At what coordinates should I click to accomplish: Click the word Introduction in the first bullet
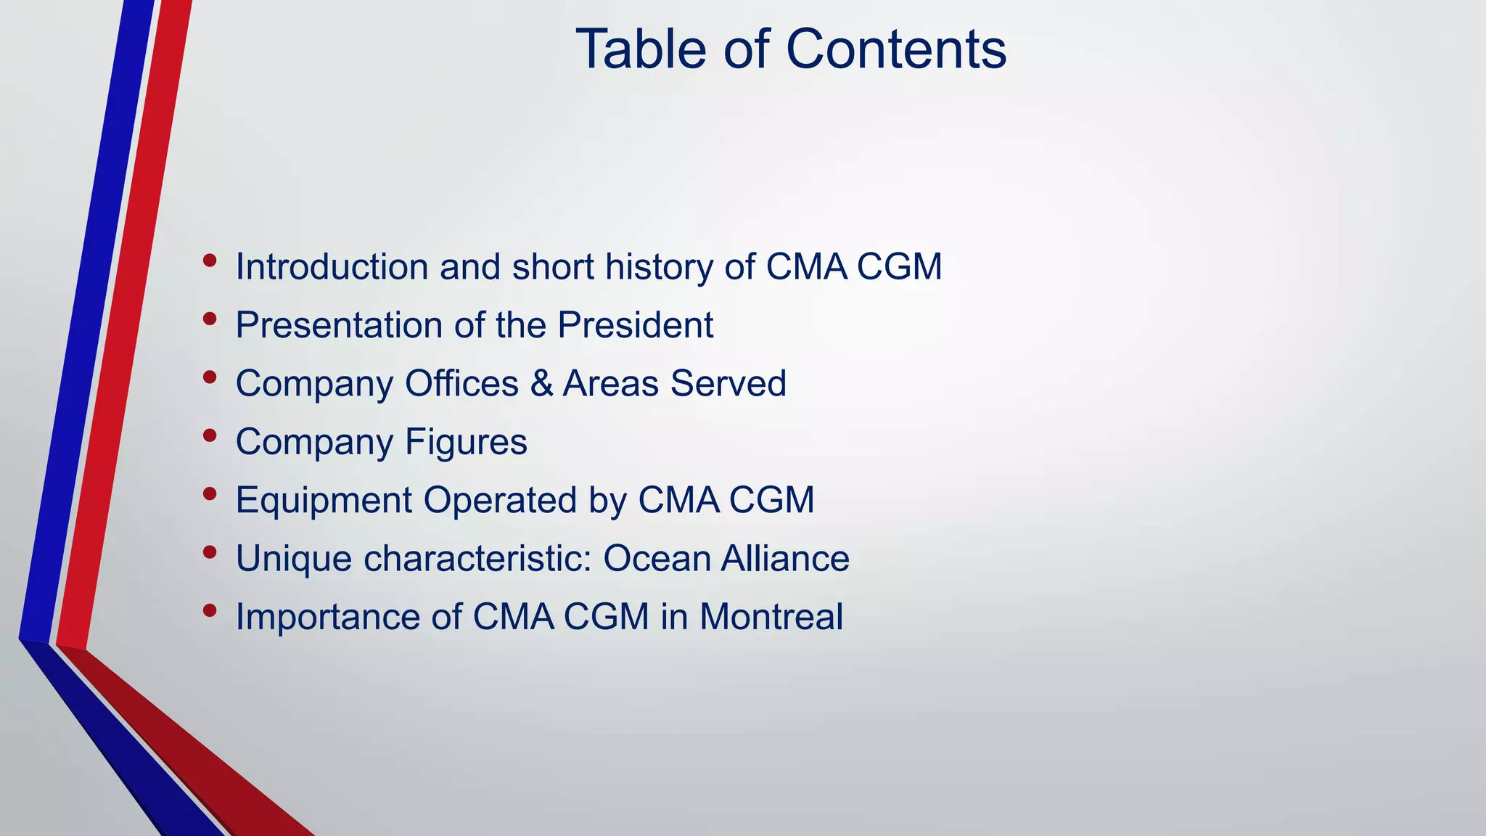(332, 267)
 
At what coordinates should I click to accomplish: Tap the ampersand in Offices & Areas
(541, 383)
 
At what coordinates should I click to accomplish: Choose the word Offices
(461, 383)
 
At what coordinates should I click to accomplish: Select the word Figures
(466, 442)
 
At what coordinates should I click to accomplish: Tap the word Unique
(294, 559)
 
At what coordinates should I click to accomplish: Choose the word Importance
(328, 617)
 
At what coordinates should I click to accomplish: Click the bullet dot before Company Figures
(210, 435)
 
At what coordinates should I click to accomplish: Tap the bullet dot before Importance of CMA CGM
(210, 610)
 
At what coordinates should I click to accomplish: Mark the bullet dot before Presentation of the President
(210, 319)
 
